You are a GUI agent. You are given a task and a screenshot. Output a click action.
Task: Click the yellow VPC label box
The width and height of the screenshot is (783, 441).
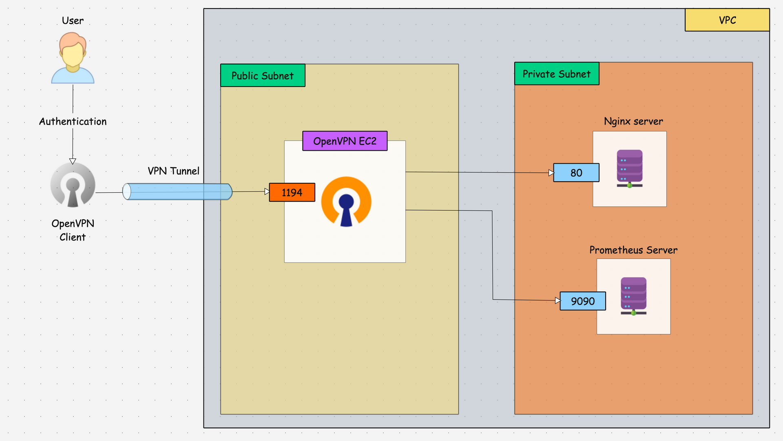(x=727, y=20)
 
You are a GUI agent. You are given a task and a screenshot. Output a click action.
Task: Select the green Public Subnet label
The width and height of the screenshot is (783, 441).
(x=263, y=76)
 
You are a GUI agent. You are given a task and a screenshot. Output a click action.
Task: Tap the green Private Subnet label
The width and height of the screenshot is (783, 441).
(x=557, y=74)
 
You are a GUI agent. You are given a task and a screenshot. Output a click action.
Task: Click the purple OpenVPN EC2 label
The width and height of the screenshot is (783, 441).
(x=345, y=141)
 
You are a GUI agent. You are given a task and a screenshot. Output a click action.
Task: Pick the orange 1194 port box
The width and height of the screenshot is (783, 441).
(x=292, y=192)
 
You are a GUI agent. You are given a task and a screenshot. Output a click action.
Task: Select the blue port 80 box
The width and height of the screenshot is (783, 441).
(x=576, y=173)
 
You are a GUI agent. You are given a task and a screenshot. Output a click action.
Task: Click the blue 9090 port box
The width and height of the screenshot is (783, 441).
(x=583, y=301)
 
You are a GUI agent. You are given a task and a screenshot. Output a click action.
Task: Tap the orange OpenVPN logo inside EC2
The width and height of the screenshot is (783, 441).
(x=346, y=202)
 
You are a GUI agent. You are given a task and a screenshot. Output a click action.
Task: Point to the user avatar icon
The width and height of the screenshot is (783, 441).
(x=73, y=58)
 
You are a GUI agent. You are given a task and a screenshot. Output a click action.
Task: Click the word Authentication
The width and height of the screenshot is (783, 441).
(x=73, y=122)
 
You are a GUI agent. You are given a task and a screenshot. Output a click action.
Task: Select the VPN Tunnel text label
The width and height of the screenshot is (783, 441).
(x=173, y=171)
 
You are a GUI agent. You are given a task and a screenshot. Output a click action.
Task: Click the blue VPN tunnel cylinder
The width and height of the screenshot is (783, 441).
(x=177, y=192)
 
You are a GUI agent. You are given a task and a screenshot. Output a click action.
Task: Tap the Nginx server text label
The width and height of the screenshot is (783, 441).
(x=633, y=121)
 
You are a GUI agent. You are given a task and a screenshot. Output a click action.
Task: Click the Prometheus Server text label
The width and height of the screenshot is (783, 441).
(x=633, y=250)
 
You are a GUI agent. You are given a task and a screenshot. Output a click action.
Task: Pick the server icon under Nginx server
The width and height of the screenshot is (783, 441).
(x=630, y=169)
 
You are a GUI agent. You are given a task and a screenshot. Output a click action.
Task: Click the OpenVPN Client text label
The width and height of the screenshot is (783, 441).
(x=73, y=230)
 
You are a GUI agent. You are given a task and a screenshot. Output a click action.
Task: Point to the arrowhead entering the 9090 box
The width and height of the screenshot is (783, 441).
(x=558, y=301)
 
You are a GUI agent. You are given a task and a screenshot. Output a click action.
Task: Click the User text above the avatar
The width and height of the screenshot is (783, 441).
(x=73, y=21)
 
